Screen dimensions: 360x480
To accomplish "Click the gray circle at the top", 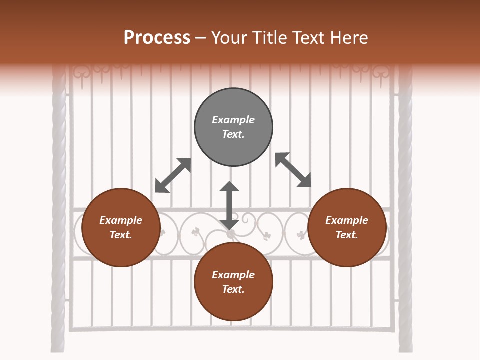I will click(233, 127).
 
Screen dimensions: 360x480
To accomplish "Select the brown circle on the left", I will click(121, 227).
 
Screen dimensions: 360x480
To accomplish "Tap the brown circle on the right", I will click(347, 227).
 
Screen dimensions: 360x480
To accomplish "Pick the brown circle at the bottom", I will click(233, 282).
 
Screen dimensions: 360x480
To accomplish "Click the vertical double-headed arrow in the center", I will click(229, 205).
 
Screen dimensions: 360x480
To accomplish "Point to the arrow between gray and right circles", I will click(293, 170).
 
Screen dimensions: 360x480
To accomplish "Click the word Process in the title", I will click(157, 38).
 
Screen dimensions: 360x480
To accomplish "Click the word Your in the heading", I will click(227, 38).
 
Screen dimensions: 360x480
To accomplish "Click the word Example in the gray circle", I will click(233, 120).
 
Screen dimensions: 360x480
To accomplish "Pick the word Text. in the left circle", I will click(121, 235).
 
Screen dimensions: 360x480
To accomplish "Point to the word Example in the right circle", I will click(347, 220).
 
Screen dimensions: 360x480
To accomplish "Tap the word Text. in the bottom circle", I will click(233, 289).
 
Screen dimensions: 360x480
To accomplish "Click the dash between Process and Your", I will click(201, 39).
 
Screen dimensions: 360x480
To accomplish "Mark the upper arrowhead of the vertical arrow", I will click(229, 187).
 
